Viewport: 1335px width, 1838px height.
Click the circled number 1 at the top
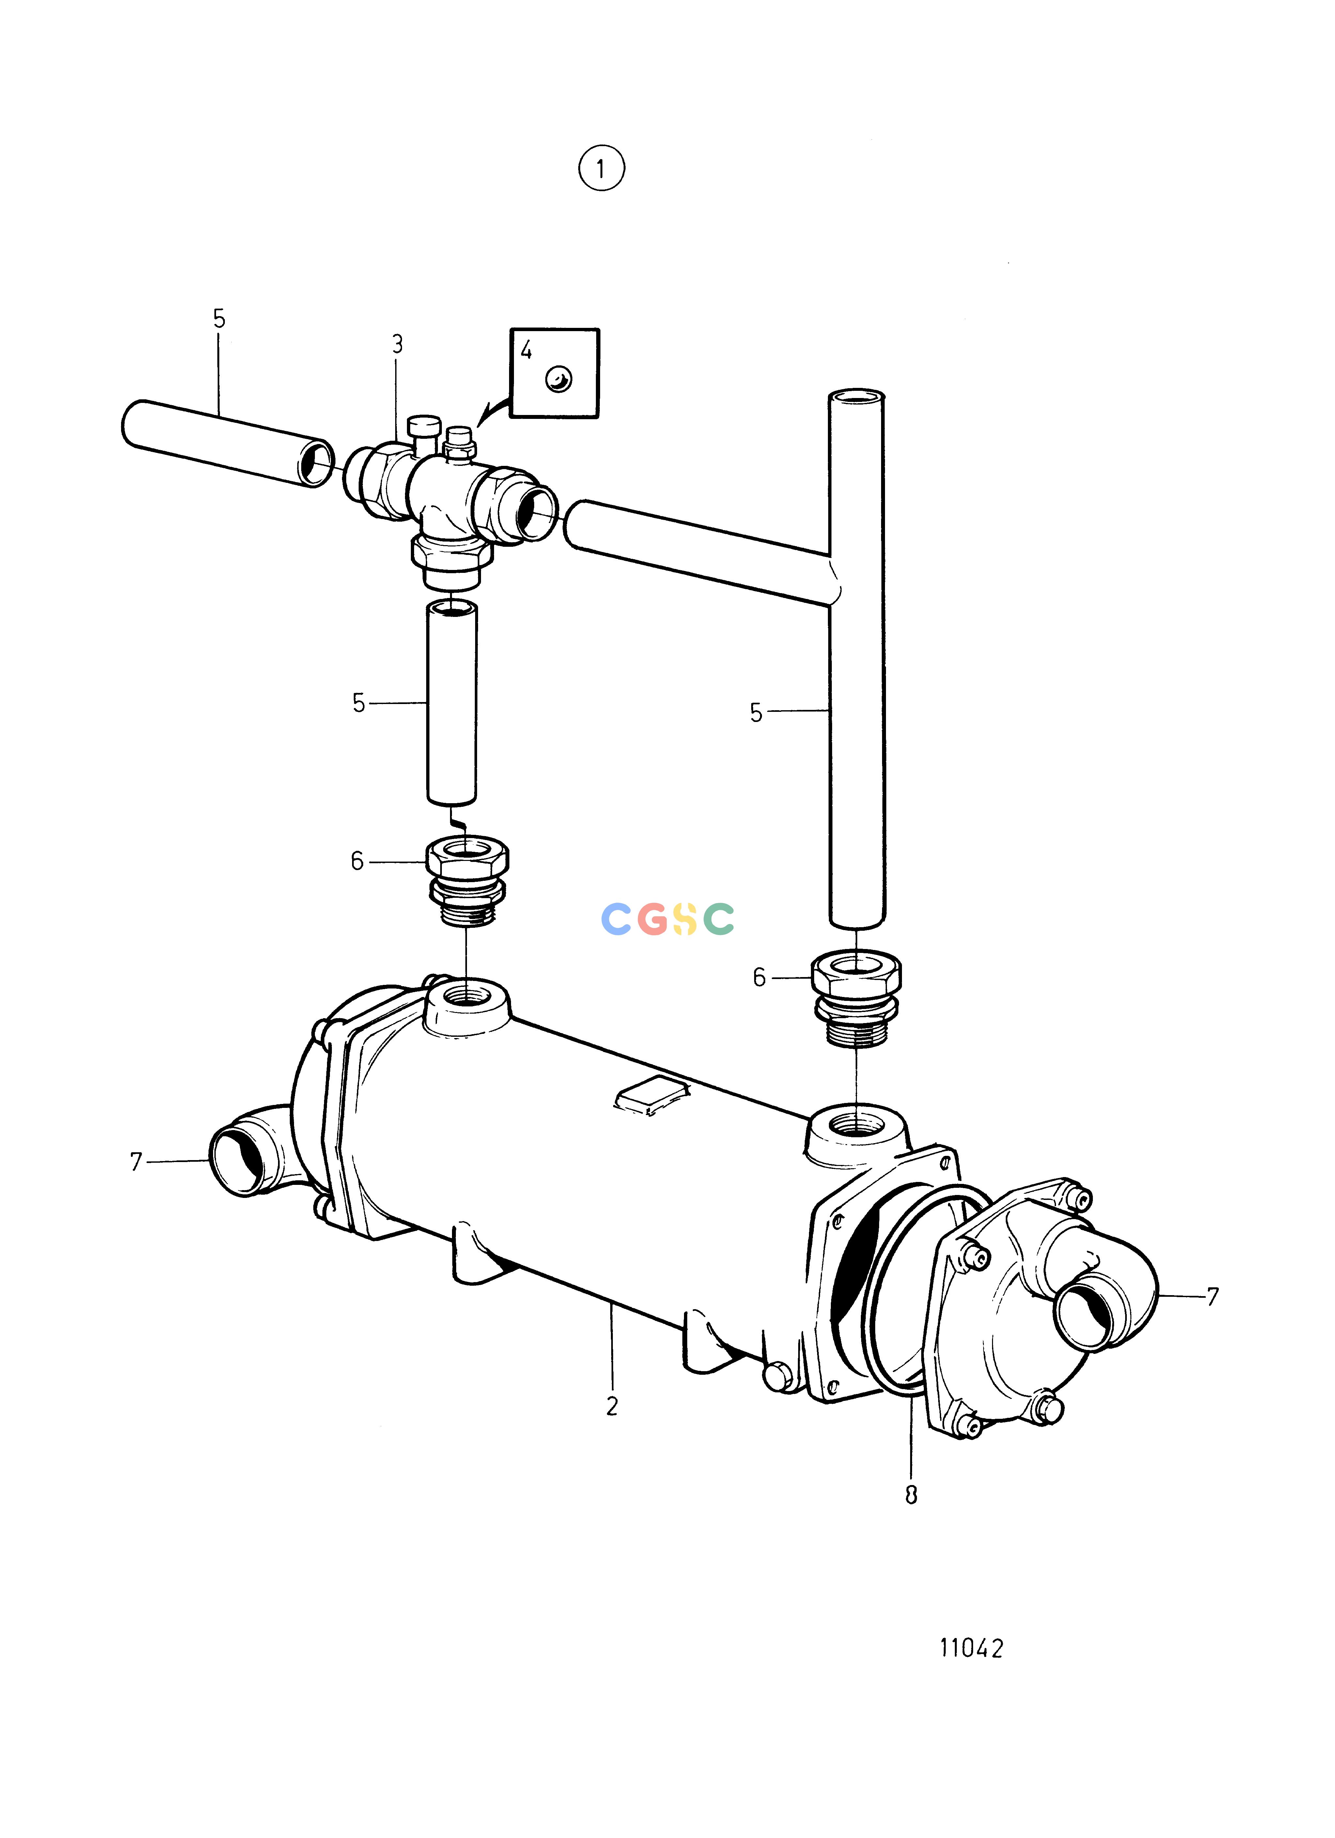tap(601, 169)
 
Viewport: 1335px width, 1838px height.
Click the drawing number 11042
tap(971, 1647)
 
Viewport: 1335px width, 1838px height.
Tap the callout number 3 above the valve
tap(397, 345)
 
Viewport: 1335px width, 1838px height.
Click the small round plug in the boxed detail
tap(558, 378)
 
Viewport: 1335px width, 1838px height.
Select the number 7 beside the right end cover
tap(1213, 1297)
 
